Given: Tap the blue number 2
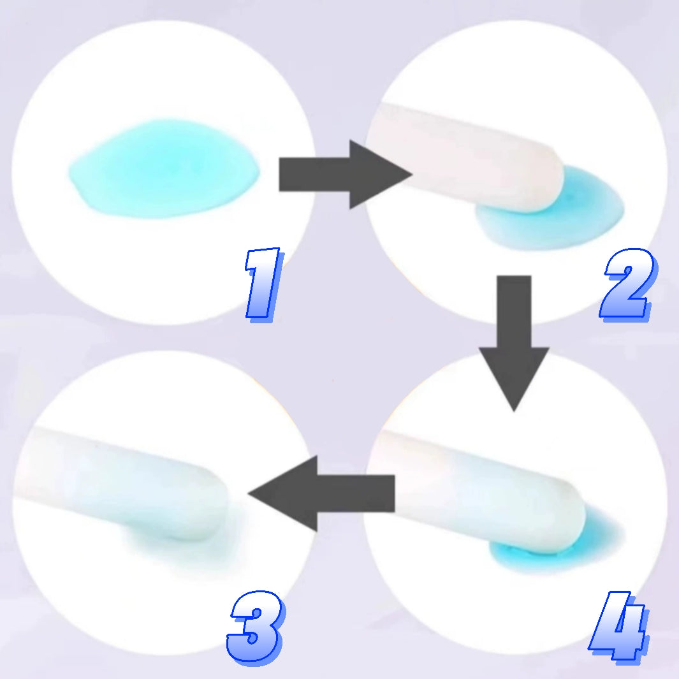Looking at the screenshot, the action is pyautogui.click(x=629, y=285).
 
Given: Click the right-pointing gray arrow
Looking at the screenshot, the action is pyautogui.click(x=345, y=175).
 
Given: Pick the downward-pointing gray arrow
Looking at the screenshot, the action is pyautogui.click(x=514, y=343).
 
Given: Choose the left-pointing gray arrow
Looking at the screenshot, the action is pyautogui.click(x=321, y=493).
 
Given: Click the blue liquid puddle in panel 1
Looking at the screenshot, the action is pyautogui.click(x=164, y=169).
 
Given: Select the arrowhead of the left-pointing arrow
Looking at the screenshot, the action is pyautogui.click(x=282, y=493).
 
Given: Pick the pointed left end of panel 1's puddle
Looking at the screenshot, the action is pyautogui.click(x=69, y=174).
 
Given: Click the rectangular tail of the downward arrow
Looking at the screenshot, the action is pyautogui.click(x=514, y=311).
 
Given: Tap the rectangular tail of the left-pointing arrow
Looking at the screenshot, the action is pyautogui.click(x=356, y=493).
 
